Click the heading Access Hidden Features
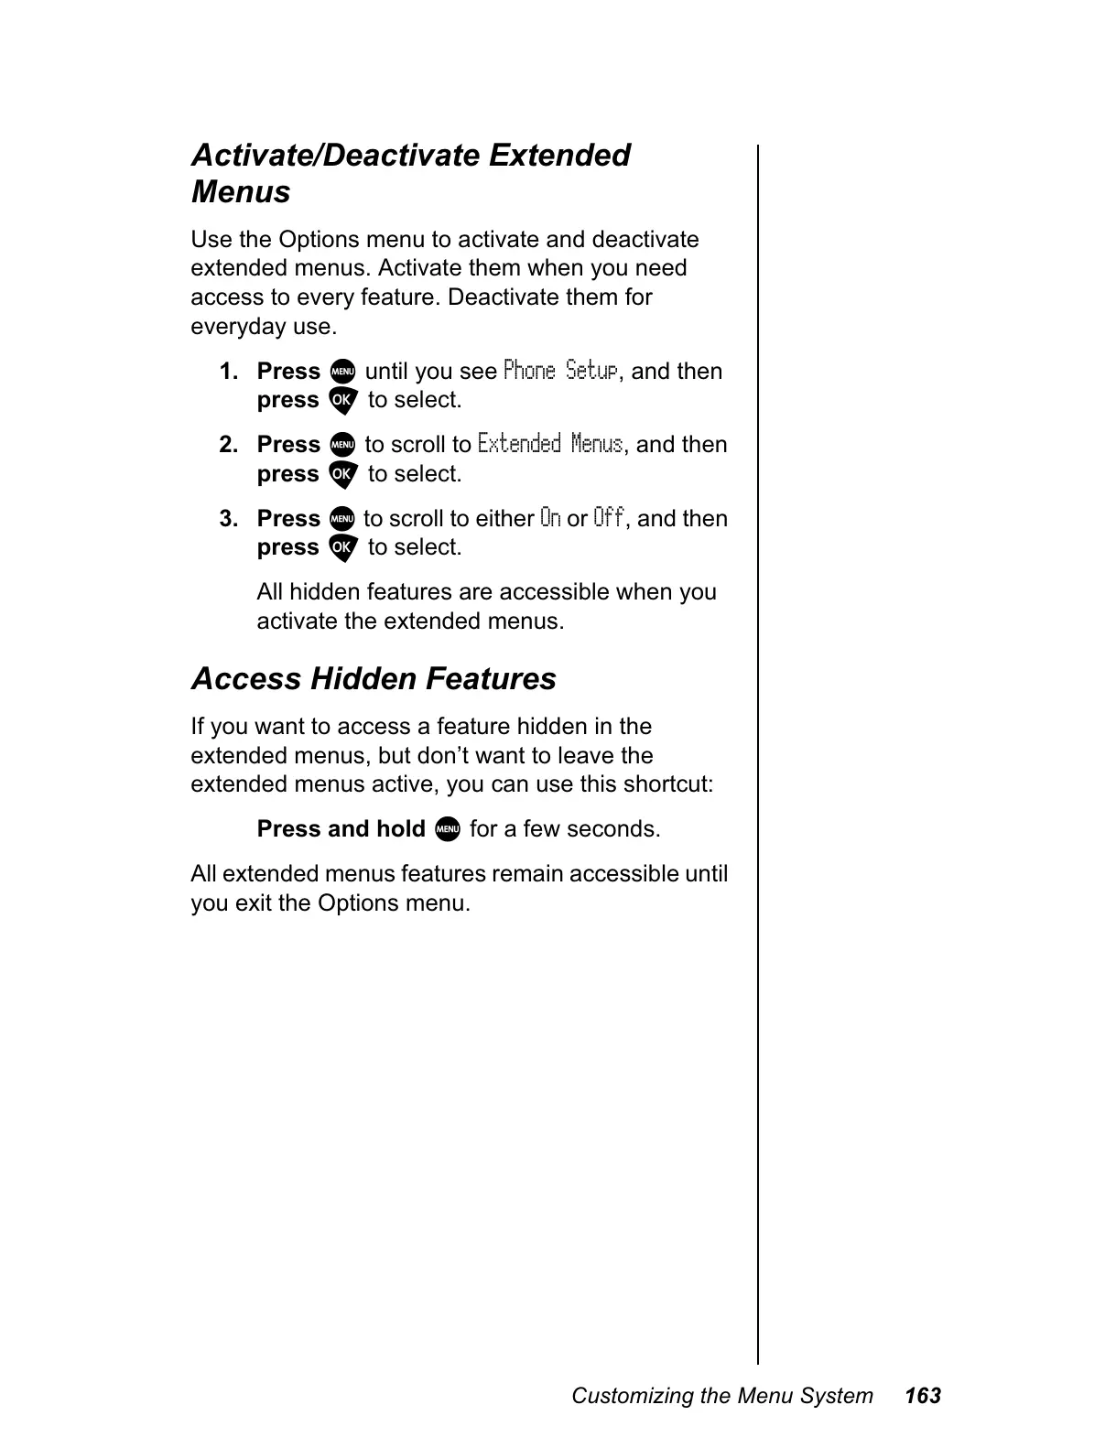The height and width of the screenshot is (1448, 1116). click(374, 679)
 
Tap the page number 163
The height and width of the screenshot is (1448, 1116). click(922, 1396)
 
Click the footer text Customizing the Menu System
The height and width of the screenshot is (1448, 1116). click(722, 1396)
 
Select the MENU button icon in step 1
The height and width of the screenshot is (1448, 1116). click(341, 372)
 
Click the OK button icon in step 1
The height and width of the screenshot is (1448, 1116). click(341, 401)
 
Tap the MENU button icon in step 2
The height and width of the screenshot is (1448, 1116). click(341, 445)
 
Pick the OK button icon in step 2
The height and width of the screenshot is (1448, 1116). click(341, 474)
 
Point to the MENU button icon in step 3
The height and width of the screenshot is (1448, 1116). click(341, 519)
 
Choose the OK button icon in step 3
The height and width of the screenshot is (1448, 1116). click(341, 548)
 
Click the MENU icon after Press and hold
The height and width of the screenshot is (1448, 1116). click(447, 830)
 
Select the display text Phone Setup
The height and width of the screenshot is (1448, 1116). click(561, 371)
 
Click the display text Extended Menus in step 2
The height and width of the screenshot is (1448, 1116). click(550, 445)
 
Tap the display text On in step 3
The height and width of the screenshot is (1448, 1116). click(550, 518)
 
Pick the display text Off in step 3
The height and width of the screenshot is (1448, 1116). click(609, 518)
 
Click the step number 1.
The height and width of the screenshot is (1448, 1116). click(229, 372)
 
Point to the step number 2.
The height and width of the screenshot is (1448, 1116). click(229, 445)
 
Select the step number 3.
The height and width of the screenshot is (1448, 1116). click(229, 519)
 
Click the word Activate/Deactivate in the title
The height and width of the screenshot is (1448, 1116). click(334, 156)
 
